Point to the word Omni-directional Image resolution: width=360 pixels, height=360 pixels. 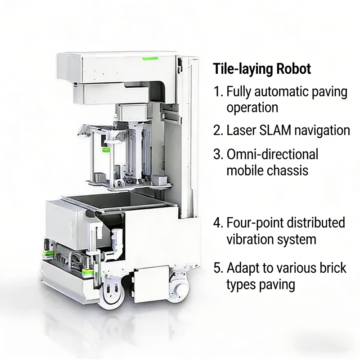click(273, 154)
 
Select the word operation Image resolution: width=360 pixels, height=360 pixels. click(252, 108)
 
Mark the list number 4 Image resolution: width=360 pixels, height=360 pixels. click(218, 223)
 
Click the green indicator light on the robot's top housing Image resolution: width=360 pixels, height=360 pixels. click(150, 58)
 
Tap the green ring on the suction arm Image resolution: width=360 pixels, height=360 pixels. click(106, 150)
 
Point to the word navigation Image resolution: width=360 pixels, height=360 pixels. click(322, 131)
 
